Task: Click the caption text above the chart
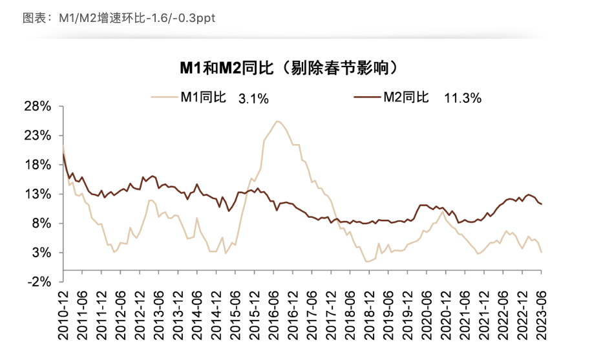click(119, 17)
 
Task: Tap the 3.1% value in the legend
click(253, 99)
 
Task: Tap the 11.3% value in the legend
click(463, 98)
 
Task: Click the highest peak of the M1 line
click(277, 121)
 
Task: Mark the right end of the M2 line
click(541, 204)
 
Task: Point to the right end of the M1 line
click(541, 251)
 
